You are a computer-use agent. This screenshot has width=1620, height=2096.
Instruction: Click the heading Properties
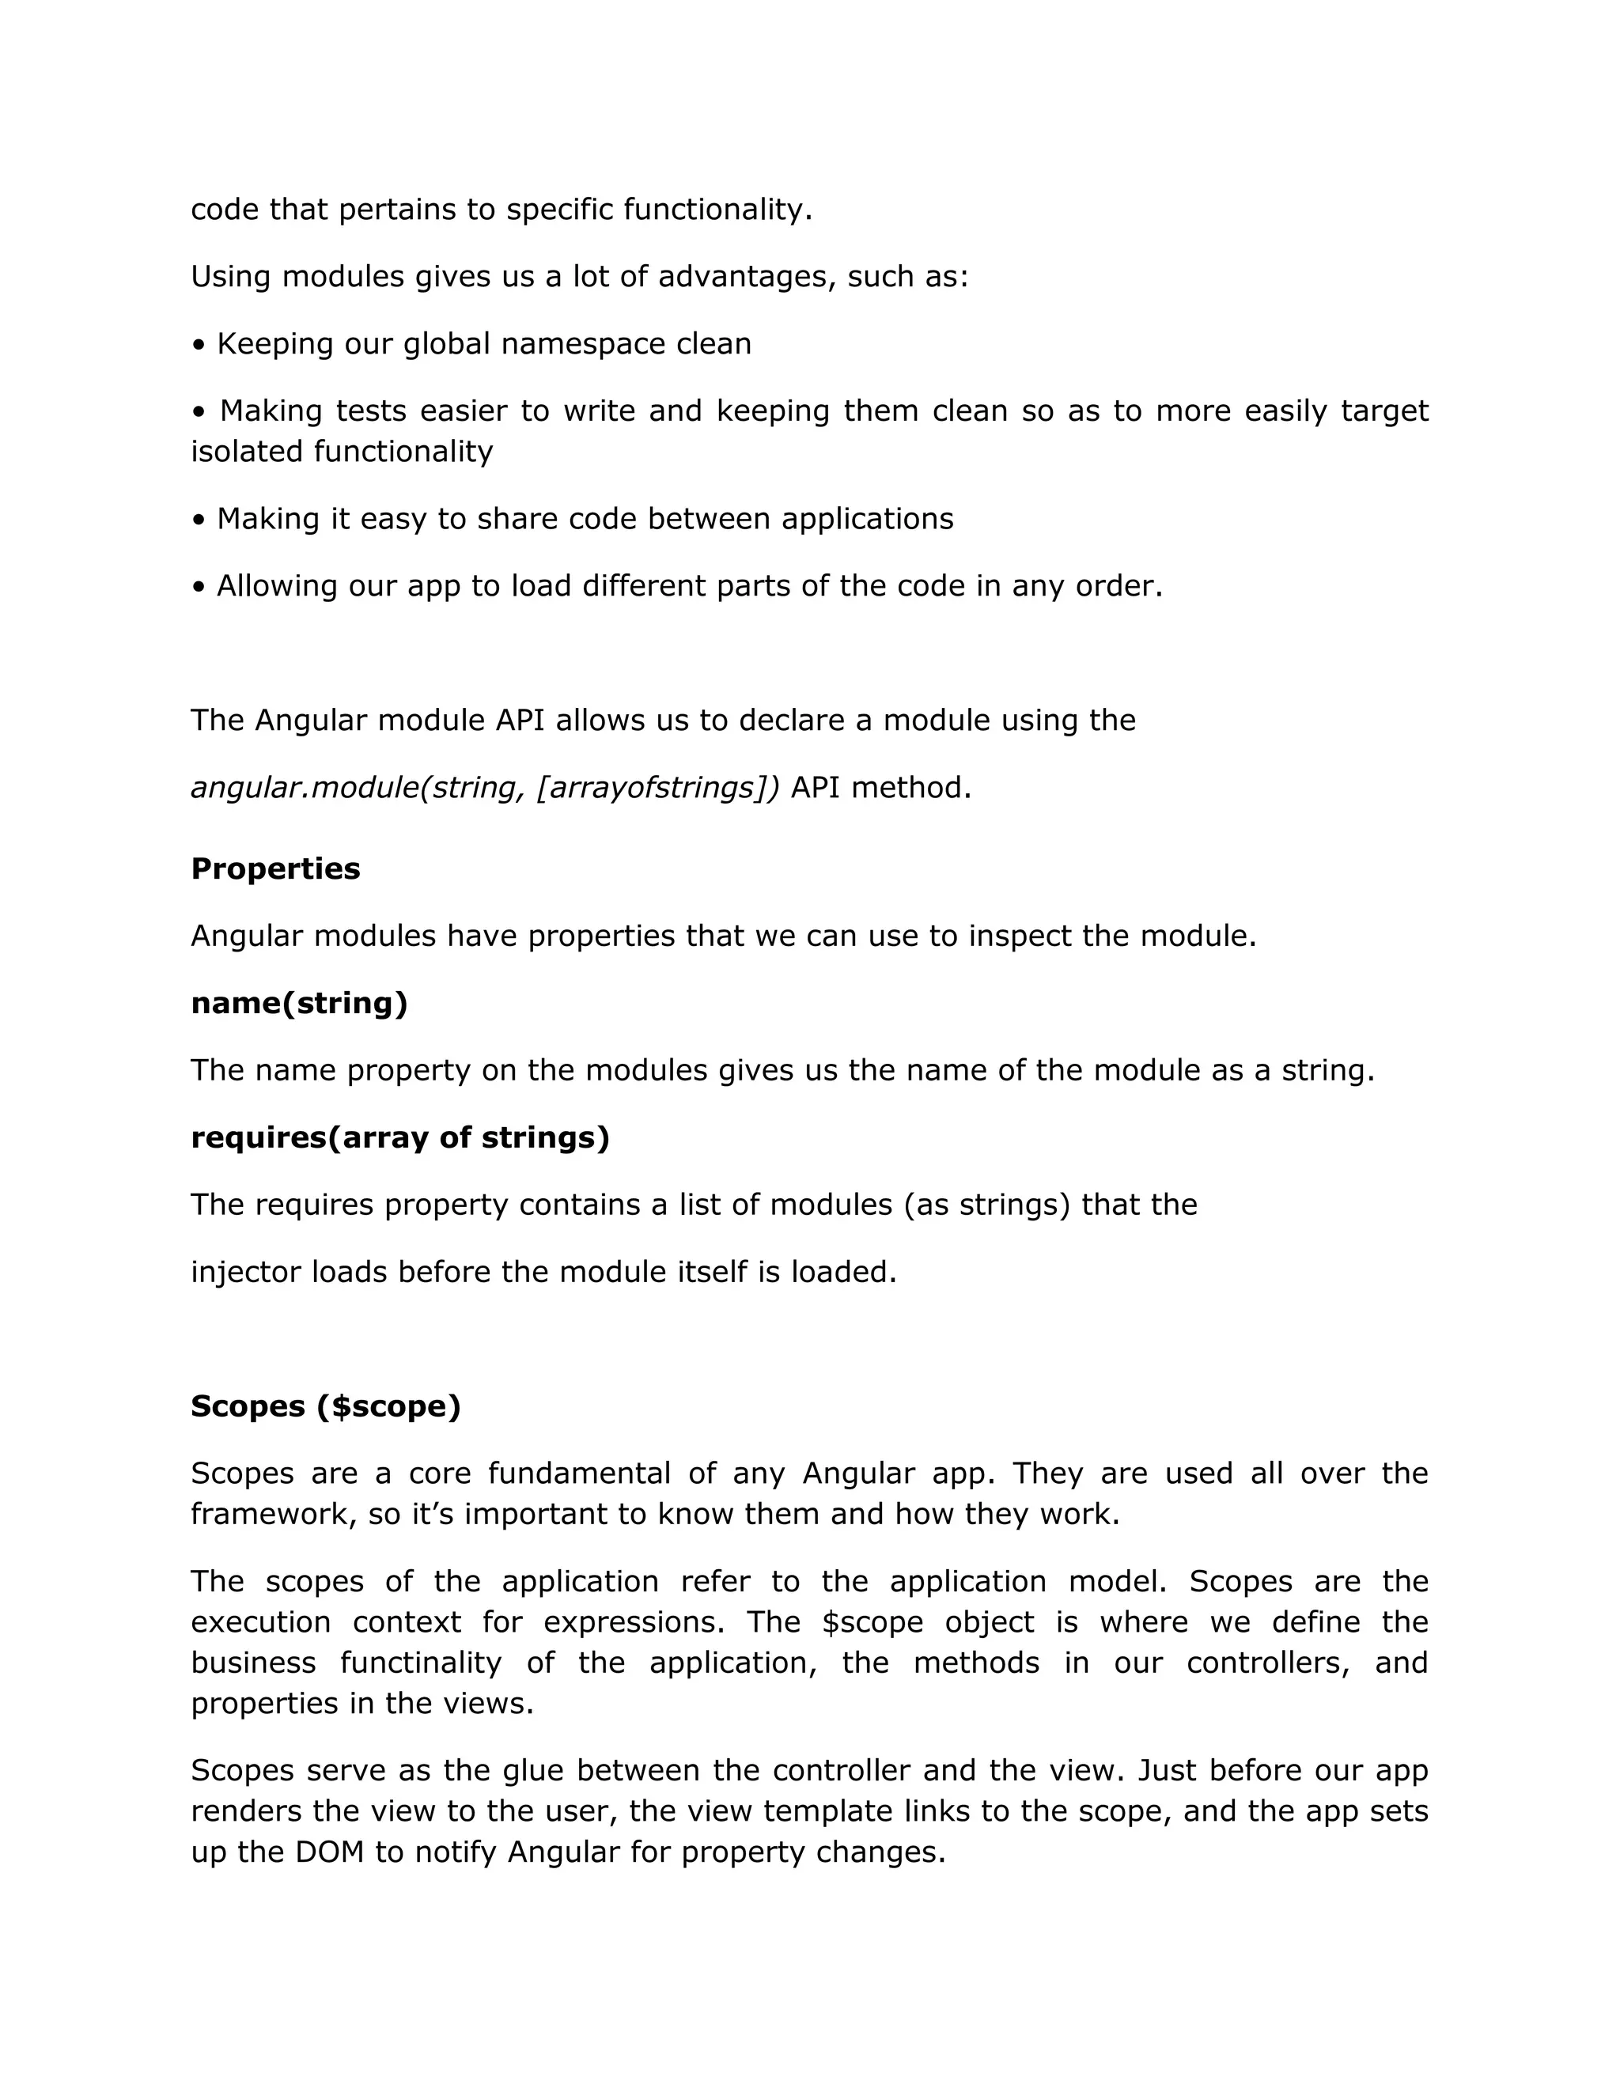275,868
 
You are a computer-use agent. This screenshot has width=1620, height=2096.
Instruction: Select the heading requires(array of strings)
400,1137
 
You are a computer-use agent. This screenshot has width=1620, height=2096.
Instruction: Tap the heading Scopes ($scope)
325,1406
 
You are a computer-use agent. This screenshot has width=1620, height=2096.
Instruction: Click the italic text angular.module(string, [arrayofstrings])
486,788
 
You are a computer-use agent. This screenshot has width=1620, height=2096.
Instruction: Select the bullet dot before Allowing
199,586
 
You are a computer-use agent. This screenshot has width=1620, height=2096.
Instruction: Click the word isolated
248,451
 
